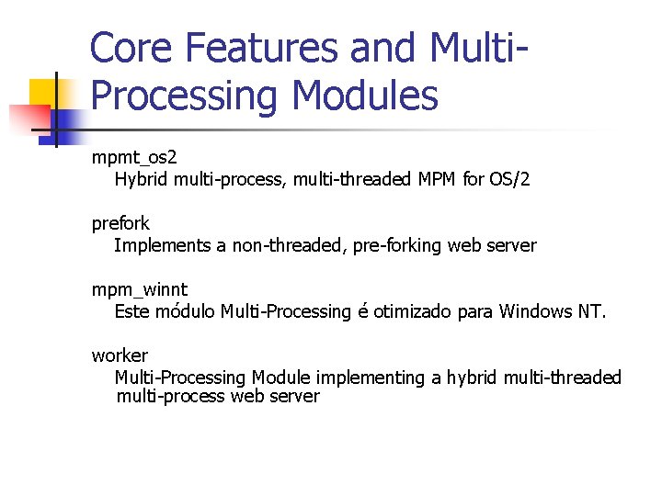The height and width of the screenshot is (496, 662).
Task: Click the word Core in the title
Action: tap(132, 48)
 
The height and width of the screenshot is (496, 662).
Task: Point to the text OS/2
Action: tap(509, 179)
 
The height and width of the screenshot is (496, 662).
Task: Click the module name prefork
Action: tap(120, 223)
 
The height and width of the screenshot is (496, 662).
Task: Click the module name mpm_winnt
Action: tap(139, 289)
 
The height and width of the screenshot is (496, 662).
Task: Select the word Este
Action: tap(132, 311)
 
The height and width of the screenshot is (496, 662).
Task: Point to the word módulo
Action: tap(184, 311)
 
